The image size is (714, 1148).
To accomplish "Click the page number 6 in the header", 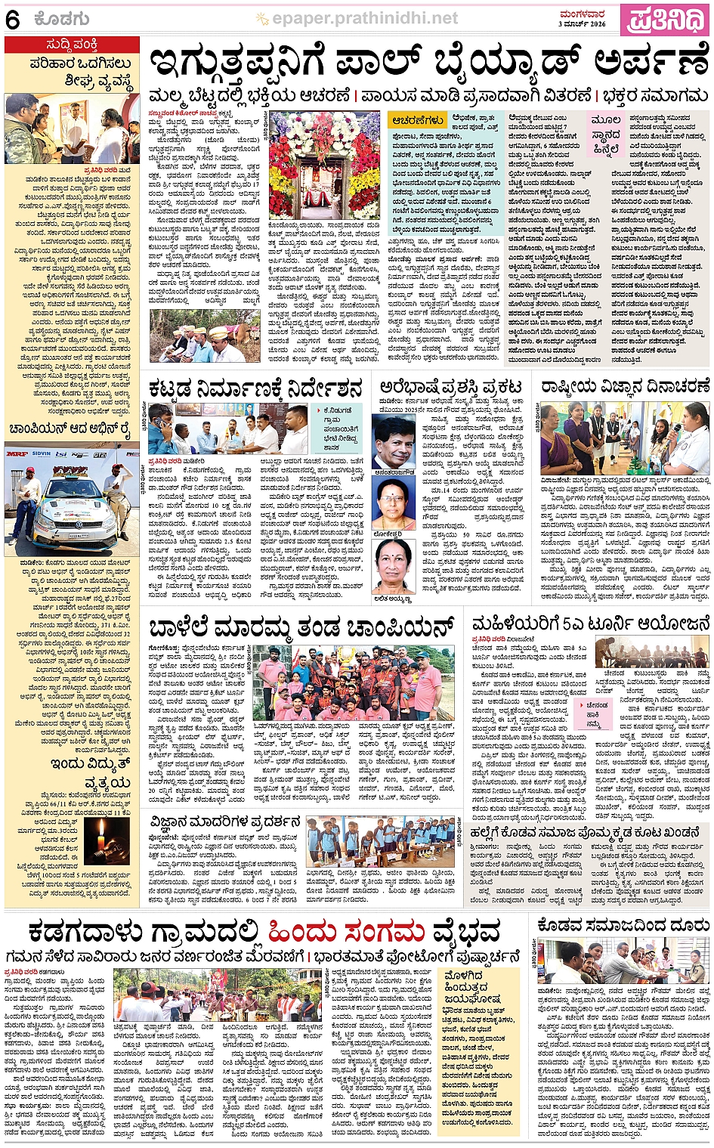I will click(x=13, y=20).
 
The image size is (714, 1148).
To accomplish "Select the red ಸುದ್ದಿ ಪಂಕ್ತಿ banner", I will click(x=72, y=45).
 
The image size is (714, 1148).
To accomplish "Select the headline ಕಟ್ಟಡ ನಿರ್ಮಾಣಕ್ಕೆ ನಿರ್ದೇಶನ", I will click(x=256, y=388).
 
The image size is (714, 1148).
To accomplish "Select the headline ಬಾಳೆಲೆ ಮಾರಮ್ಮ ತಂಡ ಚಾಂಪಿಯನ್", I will click(x=301, y=627).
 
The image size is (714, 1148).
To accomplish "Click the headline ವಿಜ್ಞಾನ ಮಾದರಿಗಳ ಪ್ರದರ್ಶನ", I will click(x=225, y=822).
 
